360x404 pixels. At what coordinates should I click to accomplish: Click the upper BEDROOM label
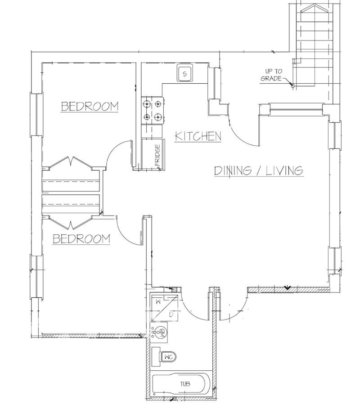(90, 107)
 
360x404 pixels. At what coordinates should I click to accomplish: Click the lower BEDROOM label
(81, 239)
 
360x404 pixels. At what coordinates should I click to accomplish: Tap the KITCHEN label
(198, 136)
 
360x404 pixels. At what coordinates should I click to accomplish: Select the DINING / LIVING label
(259, 171)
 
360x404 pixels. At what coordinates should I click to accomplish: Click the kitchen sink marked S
(184, 74)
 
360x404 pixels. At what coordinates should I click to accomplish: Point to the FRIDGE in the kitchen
(153, 155)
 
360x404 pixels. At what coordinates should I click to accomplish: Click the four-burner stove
(152, 110)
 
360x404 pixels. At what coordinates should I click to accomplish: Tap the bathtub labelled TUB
(180, 384)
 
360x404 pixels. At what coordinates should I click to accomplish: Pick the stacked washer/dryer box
(165, 308)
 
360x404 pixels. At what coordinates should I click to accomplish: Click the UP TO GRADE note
(270, 75)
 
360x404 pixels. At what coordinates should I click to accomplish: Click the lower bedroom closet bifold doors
(71, 222)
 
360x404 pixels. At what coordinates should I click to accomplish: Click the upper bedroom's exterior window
(37, 114)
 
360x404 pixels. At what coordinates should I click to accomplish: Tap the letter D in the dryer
(171, 314)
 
